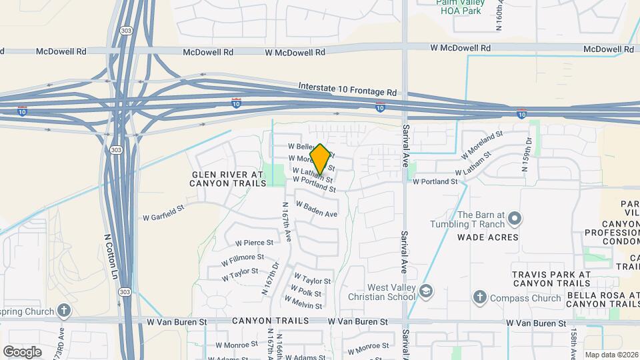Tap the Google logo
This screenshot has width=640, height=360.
point(22,351)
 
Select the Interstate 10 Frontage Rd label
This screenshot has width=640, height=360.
point(347,87)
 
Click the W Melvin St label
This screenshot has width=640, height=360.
point(303,301)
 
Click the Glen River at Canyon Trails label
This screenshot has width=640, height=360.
point(228,179)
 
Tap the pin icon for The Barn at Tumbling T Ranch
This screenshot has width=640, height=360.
point(514,219)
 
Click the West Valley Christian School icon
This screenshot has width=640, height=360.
point(425,291)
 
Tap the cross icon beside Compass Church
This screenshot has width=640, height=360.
point(479,297)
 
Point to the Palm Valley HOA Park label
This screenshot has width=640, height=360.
point(459,6)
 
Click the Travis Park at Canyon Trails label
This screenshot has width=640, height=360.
point(551,279)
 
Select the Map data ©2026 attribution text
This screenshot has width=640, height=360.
point(611,355)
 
